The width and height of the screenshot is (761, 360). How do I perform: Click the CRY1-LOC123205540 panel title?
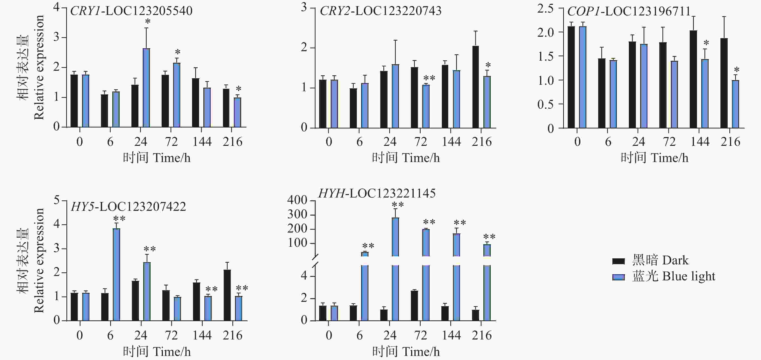coord(131,11)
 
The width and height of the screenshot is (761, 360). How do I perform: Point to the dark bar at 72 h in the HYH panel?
coord(414,305)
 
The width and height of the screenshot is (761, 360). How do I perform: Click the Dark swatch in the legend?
coord(618,261)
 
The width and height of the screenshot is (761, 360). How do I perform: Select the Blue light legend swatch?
coord(618,277)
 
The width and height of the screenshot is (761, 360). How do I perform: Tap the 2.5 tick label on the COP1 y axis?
coord(545,9)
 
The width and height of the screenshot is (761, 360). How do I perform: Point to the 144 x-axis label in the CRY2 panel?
coord(451,142)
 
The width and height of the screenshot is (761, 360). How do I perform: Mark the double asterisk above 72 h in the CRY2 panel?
coord(429,78)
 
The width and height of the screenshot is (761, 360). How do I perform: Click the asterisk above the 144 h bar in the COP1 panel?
coord(706,43)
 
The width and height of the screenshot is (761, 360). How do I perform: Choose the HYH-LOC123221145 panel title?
coord(377,193)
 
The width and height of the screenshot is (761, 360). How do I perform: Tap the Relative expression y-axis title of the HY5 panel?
coord(39,261)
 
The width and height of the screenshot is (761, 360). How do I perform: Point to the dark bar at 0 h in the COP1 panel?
coord(571,77)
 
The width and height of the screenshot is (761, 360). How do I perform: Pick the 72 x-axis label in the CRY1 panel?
coord(171,142)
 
